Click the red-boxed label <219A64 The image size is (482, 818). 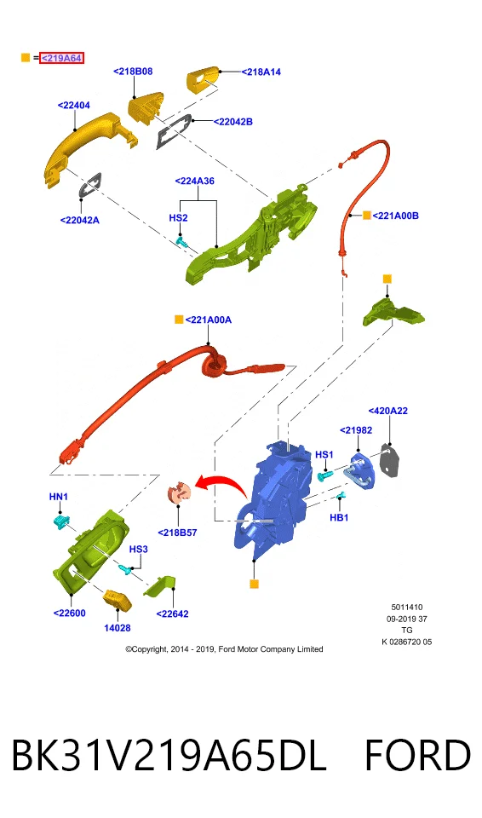[61, 58]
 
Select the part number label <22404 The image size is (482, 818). [73, 106]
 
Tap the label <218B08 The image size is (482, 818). [133, 72]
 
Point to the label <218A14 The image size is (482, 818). [261, 72]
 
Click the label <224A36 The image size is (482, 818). [194, 181]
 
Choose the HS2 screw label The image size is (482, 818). [178, 217]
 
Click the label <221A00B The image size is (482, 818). [395, 216]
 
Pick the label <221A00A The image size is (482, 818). [208, 320]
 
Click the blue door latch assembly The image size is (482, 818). [274, 496]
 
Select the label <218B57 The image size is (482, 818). [177, 533]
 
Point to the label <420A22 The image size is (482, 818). [388, 411]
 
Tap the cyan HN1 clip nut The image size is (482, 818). [61, 521]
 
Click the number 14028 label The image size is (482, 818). [118, 628]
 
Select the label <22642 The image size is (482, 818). [172, 614]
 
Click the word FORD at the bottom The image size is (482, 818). [417, 756]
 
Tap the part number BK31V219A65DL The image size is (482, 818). [169, 756]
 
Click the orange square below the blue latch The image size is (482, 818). [254, 584]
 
